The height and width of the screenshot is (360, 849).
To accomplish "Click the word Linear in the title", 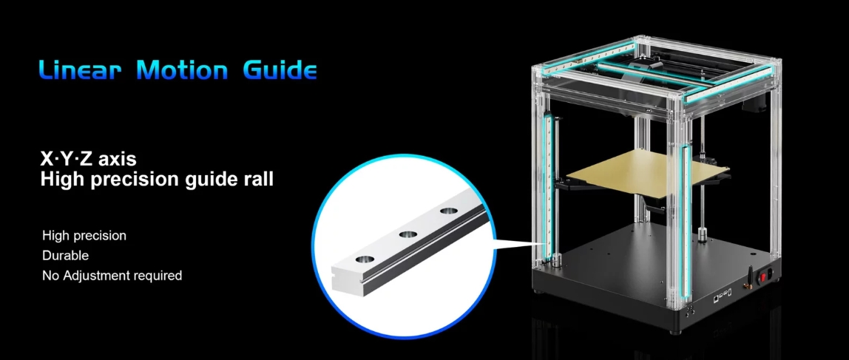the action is [x=80, y=70].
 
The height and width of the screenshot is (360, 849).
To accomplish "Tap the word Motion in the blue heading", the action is [x=182, y=70].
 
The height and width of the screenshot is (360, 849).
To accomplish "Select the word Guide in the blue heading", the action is [x=280, y=70].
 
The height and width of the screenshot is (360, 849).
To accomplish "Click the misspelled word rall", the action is [x=260, y=179].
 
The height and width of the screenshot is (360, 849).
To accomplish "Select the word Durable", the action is [x=66, y=255].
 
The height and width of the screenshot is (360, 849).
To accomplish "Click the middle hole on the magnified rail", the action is [x=407, y=234].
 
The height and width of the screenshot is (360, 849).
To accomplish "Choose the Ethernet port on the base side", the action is [x=717, y=297].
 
